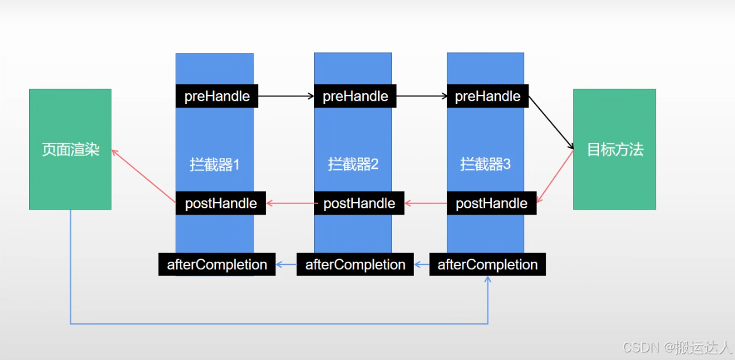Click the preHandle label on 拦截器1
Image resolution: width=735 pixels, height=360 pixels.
(x=217, y=96)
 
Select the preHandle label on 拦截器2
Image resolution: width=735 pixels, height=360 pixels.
(x=356, y=96)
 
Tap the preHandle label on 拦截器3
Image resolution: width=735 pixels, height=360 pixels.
(x=488, y=96)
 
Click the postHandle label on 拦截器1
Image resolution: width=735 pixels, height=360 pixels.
(x=221, y=203)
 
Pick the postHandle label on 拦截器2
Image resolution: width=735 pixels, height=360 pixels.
(x=359, y=203)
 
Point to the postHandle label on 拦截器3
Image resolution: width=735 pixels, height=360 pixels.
(x=491, y=203)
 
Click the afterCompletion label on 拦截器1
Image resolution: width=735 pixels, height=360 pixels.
(x=217, y=264)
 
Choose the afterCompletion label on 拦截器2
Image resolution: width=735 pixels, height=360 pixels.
(x=356, y=264)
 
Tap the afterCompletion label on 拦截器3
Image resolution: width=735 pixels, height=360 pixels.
(x=488, y=264)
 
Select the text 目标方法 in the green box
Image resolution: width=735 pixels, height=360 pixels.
(x=615, y=150)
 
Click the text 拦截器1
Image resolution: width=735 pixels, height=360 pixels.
(x=215, y=165)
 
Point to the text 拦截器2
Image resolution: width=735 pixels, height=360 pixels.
(x=353, y=165)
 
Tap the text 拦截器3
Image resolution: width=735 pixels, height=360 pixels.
(x=485, y=165)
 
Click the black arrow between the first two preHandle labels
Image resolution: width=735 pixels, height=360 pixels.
(x=286, y=96)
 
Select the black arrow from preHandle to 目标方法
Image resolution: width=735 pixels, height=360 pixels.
(x=551, y=123)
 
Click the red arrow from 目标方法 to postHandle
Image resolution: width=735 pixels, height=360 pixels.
(x=555, y=177)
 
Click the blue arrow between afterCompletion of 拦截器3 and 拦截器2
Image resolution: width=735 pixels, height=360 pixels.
(x=422, y=264)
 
